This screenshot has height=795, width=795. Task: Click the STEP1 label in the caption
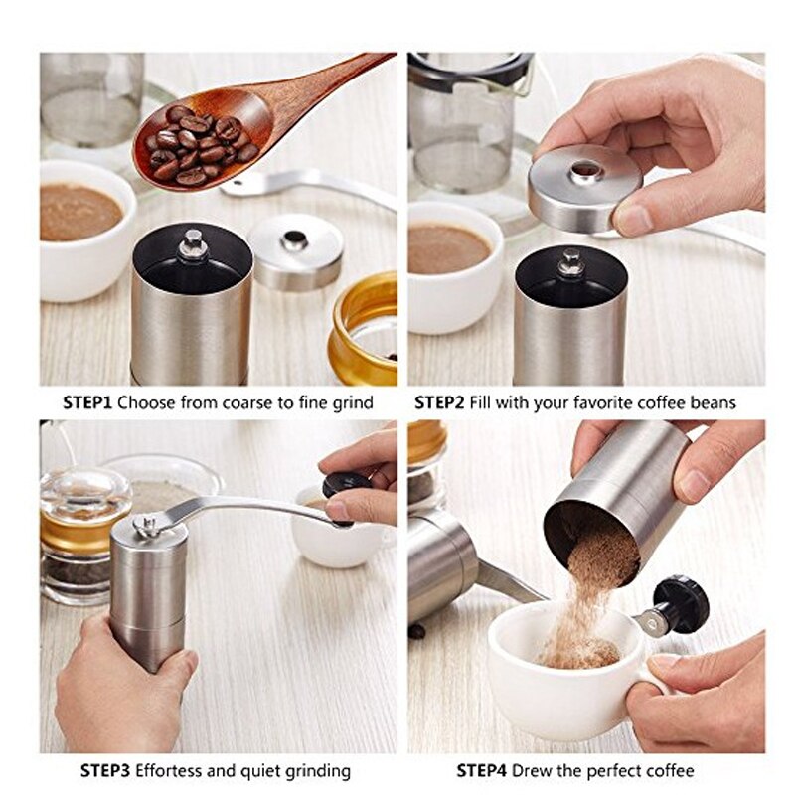[x=87, y=403]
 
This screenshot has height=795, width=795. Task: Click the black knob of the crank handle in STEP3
[x=345, y=488]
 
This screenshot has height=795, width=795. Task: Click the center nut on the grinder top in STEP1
[x=193, y=242]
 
